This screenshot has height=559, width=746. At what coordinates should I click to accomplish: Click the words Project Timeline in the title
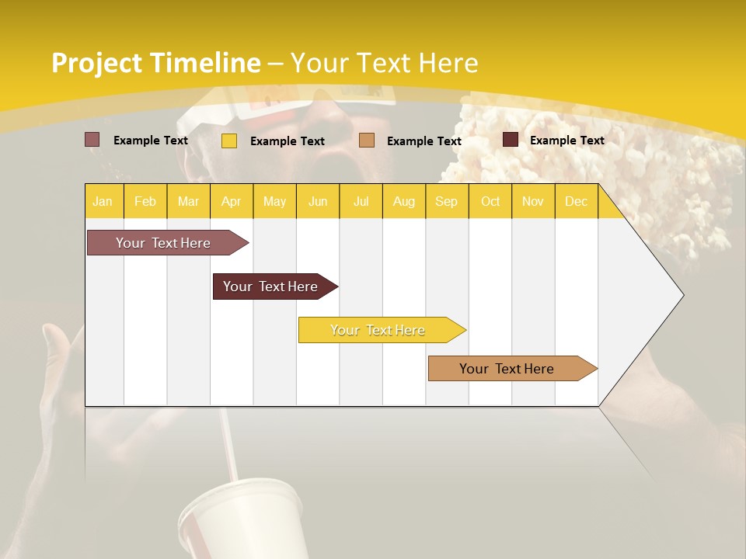[x=155, y=63]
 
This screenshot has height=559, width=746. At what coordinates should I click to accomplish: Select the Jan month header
[x=103, y=201]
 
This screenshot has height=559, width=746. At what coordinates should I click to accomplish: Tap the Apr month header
[x=231, y=201]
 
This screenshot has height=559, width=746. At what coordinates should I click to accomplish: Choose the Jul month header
[x=361, y=201]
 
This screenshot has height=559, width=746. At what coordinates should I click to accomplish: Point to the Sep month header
[x=446, y=201]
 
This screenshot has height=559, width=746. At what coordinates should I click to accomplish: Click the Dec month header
[x=576, y=201]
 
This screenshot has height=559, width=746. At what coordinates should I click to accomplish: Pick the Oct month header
[x=490, y=201]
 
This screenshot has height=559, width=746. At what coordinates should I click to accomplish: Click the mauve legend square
[x=92, y=140]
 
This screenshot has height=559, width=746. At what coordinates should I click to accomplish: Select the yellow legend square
[x=228, y=141]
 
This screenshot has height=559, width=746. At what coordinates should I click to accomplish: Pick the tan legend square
[x=367, y=141]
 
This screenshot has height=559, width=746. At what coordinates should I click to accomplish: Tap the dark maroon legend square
[x=510, y=140]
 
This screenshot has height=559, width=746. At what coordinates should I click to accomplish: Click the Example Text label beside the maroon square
[x=566, y=141]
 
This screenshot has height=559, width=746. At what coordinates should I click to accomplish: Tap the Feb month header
[x=145, y=201]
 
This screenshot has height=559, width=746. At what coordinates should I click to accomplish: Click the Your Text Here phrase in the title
[x=385, y=63]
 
